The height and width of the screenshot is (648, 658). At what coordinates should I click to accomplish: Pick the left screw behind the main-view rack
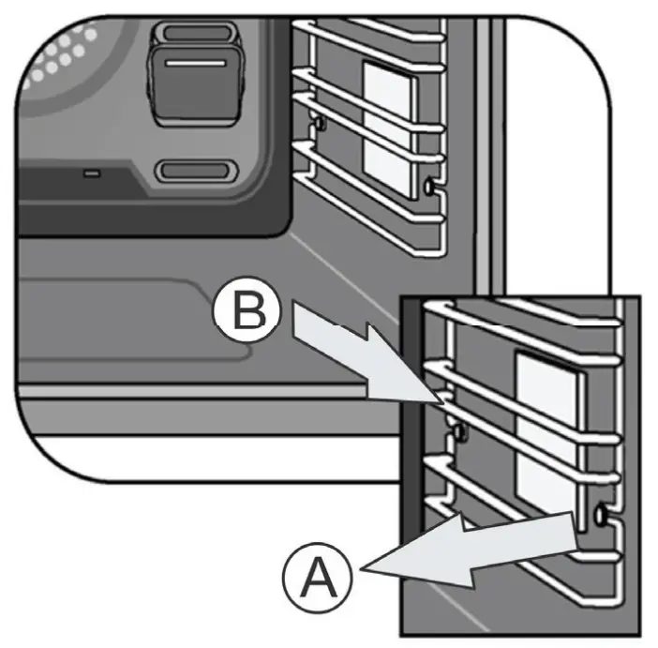pyautogui.click(x=320, y=123)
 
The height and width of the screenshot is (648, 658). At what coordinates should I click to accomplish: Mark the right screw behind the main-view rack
pyautogui.click(x=429, y=186)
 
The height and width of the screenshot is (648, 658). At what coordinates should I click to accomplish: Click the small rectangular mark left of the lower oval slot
pyautogui.click(x=92, y=173)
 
